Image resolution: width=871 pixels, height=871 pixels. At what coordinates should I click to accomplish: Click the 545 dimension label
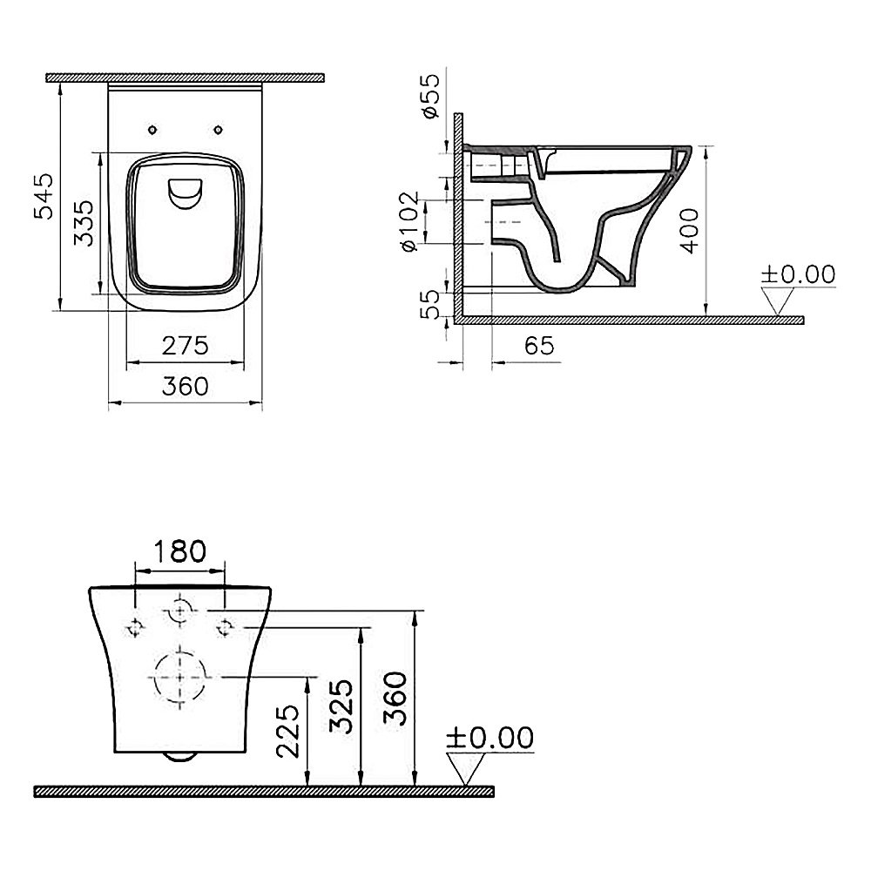pyautogui.click(x=44, y=195)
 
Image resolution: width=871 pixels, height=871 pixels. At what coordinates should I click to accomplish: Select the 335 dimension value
pyautogui.click(x=84, y=223)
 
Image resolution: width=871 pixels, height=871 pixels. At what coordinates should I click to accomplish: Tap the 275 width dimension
pyautogui.click(x=185, y=346)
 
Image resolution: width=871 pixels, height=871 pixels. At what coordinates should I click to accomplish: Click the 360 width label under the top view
pyautogui.click(x=185, y=386)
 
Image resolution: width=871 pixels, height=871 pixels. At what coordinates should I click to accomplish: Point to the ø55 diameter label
pyautogui.click(x=430, y=96)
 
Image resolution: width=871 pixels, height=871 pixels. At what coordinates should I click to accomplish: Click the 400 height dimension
pyautogui.click(x=689, y=231)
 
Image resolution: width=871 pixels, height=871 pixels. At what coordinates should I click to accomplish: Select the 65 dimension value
pyautogui.click(x=539, y=346)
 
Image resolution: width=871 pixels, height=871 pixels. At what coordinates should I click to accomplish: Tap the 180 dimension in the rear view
pyautogui.click(x=179, y=551)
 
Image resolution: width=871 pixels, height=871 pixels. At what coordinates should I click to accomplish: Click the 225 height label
pyautogui.click(x=287, y=731)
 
